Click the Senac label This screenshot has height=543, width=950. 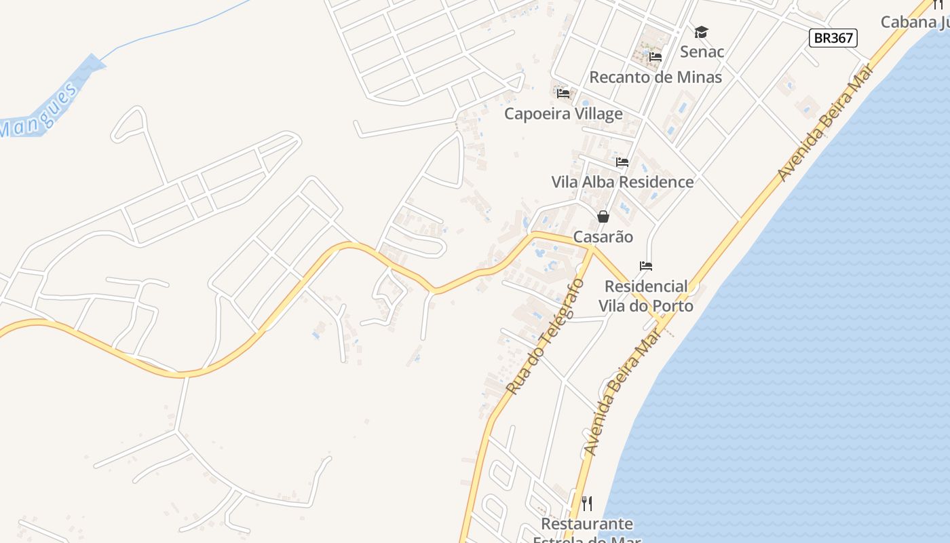pyautogui.click(x=702, y=52)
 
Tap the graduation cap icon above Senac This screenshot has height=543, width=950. pyautogui.click(x=701, y=32)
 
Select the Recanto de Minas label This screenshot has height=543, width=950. pyautogui.click(x=655, y=77)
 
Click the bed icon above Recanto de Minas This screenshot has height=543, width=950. pyautogui.click(x=655, y=57)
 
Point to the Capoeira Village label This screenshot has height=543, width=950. pyautogui.click(x=563, y=113)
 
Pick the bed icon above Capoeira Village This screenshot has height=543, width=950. pyautogui.click(x=563, y=94)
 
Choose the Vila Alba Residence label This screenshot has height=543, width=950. pyautogui.click(x=622, y=182)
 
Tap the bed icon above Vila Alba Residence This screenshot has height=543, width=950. pyautogui.click(x=622, y=162)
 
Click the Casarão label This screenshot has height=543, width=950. pyautogui.click(x=603, y=237)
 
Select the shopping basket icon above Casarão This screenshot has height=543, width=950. pyautogui.click(x=603, y=217)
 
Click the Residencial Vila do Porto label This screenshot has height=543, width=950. pyautogui.click(x=646, y=296)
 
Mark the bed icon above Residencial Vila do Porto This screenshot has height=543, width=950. pyautogui.click(x=646, y=266)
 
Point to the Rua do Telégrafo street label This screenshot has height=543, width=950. pyautogui.click(x=545, y=337)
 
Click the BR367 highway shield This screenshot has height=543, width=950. pyautogui.click(x=833, y=38)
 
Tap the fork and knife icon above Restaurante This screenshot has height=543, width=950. pyautogui.click(x=587, y=504)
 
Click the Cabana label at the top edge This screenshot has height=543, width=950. pyautogui.click(x=913, y=22)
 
